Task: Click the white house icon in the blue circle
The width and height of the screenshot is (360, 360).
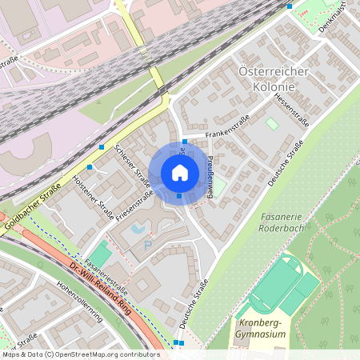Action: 179,172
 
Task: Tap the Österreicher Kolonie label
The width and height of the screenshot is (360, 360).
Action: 274,78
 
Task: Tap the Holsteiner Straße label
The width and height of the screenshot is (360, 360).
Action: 93,196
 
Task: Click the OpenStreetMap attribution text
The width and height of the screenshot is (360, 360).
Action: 80,354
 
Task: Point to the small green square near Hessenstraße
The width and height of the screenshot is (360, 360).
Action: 273,124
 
